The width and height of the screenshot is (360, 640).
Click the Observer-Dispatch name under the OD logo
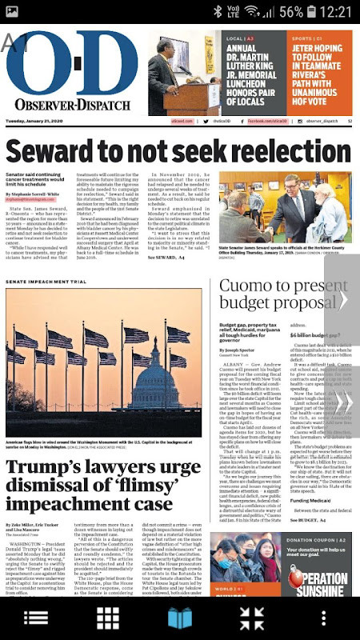72,105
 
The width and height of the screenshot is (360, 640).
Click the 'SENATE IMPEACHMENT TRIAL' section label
46,282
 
